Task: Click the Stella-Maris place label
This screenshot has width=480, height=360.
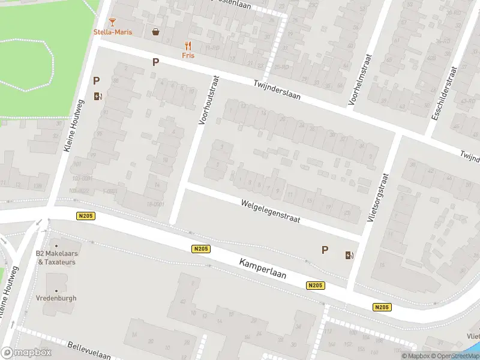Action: click(x=112, y=32)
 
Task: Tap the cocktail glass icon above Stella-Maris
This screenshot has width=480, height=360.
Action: click(x=112, y=22)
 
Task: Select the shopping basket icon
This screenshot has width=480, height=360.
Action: click(x=156, y=32)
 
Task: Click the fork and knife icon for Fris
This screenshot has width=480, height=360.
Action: click(x=188, y=45)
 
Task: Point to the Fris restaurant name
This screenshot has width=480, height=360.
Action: click(x=188, y=55)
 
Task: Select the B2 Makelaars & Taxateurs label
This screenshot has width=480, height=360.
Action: click(x=57, y=257)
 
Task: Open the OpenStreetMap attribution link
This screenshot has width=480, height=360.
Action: click(x=455, y=356)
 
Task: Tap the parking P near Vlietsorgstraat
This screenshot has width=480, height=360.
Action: click(x=325, y=250)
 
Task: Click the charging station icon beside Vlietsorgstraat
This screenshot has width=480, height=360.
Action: click(x=349, y=256)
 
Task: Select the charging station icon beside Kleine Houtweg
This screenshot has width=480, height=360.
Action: click(x=98, y=96)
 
